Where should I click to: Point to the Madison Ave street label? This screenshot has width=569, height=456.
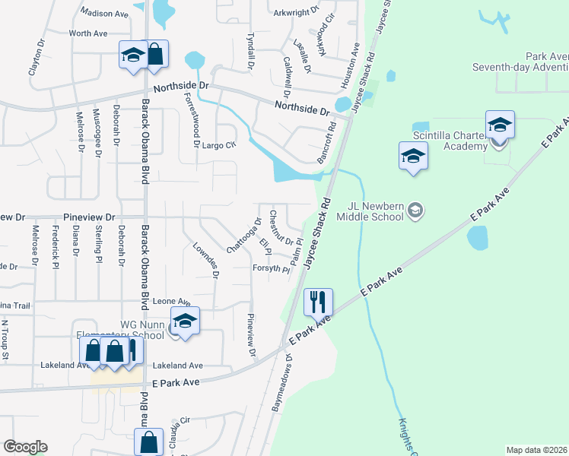pyautogui.click(x=104, y=14)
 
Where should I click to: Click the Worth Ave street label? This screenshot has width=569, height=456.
pyautogui.click(x=88, y=33)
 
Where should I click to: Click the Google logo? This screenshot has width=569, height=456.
pyautogui.click(x=25, y=447)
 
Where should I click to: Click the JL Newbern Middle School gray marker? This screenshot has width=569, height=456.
pyautogui.click(x=415, y=208)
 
